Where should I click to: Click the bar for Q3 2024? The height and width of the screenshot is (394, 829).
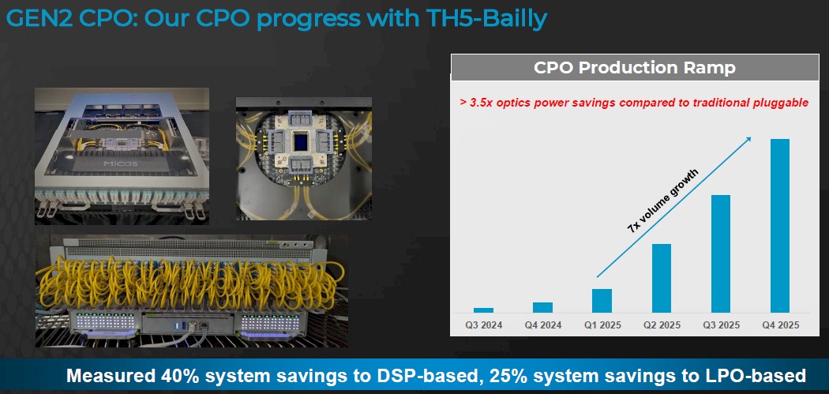tap(483, 310)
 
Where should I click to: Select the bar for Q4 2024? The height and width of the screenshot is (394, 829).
tap(542, 307)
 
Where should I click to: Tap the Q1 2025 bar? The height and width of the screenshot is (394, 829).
tap(602, 300)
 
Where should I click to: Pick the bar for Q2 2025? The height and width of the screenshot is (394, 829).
tap(662, 278)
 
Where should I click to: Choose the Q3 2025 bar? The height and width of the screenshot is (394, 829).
tap(721, 254)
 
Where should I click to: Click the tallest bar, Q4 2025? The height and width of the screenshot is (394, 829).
tap(780, 226)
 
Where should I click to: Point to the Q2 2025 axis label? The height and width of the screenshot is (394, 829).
tap(662, 325)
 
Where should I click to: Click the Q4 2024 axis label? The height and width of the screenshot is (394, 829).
tap(543, 325)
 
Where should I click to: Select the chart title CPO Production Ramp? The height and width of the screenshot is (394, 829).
tap(635, 68)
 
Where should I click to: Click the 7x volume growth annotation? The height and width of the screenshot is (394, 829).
tap(663, 201)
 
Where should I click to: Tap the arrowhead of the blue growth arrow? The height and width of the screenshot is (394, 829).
tap(748, 139)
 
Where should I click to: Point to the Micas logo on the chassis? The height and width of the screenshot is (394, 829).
tap(121, 163)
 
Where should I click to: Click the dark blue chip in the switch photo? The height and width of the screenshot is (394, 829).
tap(301, 142)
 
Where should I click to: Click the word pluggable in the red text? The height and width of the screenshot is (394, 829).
tap(779, 103)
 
